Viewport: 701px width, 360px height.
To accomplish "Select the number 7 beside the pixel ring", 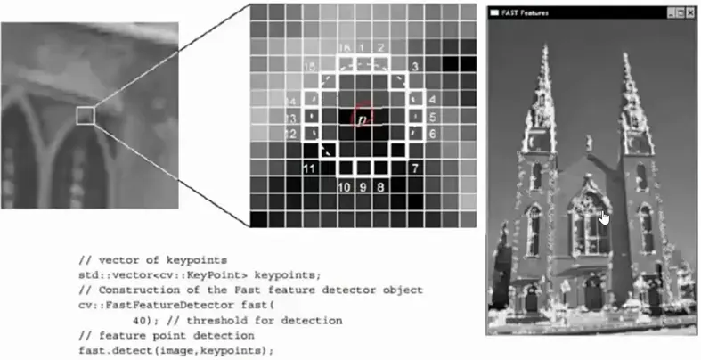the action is click(x=415, y=168).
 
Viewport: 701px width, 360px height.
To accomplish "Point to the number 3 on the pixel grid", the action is click(x=415, y=67).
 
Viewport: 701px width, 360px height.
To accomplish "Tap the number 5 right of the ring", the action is click(x=432, y=117).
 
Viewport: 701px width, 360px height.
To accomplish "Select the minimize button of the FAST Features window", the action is click(x=670, y=13).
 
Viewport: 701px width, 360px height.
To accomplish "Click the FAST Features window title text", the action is click(x=526, y=13).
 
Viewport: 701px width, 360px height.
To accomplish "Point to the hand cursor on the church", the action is click(x=605, y=217).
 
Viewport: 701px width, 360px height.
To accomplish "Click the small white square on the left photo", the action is click(x=85, y=114).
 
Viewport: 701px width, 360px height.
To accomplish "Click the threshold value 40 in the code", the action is click(x=138, y=319).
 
